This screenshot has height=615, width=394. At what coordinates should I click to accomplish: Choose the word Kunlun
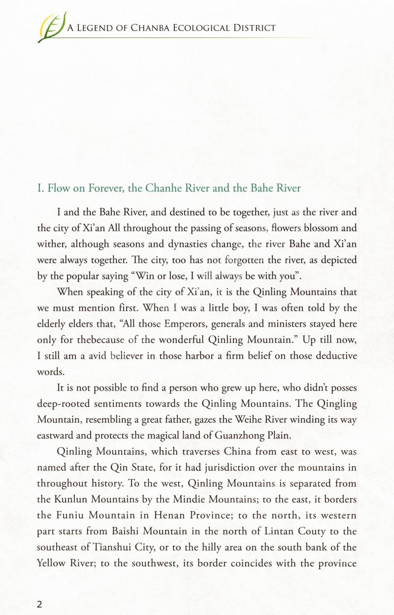(x=71, y=499)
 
